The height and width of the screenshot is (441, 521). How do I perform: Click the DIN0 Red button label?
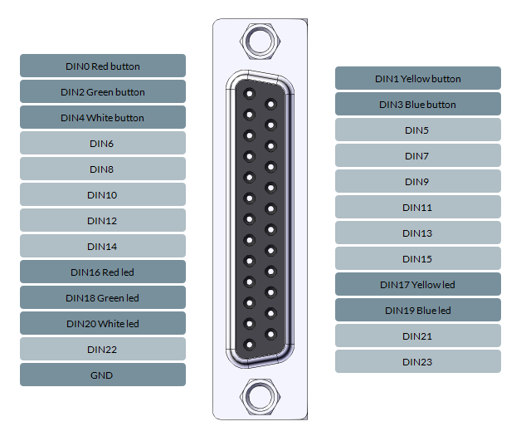pyautogui.click(x=103, y=66)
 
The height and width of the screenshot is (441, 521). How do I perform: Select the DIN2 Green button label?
pyautogui.click(x=103, y=91)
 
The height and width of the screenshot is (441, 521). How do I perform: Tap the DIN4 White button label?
pyautogui.click(x=103, y=117)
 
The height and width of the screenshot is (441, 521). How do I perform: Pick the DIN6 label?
pyautogui.click(x=103, y=143)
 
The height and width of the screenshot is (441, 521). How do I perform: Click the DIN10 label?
pyautogui.click(x=103, y=194)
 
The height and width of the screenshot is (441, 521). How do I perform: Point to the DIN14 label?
pyautogui.click(x=103, y=246)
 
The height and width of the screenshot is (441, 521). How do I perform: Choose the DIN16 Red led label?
pyautogui.click(x=103, y=272)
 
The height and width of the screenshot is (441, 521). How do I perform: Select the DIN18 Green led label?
pyautogui.click(x=103, y=297)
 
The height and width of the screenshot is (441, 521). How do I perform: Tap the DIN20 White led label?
pyautogui.click(x=103, y=323)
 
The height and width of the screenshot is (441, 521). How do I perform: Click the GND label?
pyautogui.click(x=103, y=375)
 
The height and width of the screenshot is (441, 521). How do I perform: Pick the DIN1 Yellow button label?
pyautogui.click(x=418, y=78)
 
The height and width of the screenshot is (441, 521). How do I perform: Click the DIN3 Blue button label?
pyautogui.click(x=418, y=104)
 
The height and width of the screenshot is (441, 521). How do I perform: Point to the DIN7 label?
pyautogui.click(x=418, y=155)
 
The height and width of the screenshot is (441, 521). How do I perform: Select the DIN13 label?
pyautogui.click(x=418, y=233)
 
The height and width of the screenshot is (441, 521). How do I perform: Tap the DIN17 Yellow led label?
pyautogui.click(x=418, y=284)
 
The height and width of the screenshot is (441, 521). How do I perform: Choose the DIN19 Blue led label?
pyautogui.click(x=418, y=310)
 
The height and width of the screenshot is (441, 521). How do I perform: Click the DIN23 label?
pyautogui.click(x=418, y=361)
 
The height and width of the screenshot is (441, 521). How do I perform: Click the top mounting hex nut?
pyautogui.click(x=258, y=39)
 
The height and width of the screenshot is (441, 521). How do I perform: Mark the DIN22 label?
pyautogui.click(x=103, y=349)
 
